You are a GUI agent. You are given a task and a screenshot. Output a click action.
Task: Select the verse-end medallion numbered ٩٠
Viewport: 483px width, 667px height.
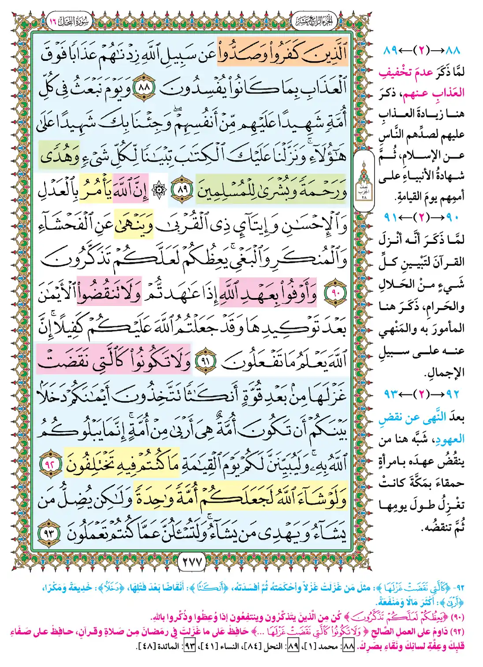tap(336, 293)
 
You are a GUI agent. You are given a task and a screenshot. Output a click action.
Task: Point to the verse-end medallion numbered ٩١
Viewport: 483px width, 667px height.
tap(205, 361)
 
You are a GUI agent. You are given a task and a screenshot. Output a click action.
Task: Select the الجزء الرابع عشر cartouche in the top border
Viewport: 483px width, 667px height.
tap(314, 20)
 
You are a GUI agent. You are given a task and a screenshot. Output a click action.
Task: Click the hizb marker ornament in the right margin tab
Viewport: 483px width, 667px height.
tap(364, 181)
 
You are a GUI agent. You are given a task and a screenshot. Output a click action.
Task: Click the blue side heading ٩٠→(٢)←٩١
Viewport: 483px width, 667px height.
tap(422, 217)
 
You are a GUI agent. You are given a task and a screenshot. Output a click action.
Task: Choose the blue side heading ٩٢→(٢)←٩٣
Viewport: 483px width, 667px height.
tap(422, 393)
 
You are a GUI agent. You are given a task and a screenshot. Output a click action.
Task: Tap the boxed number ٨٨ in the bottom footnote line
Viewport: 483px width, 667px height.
tap(348, 646)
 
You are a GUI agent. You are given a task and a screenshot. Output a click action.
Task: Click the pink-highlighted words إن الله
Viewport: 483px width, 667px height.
tap(130, 190)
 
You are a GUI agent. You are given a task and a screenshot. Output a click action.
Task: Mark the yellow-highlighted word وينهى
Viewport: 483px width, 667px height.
tap(134, 225)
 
